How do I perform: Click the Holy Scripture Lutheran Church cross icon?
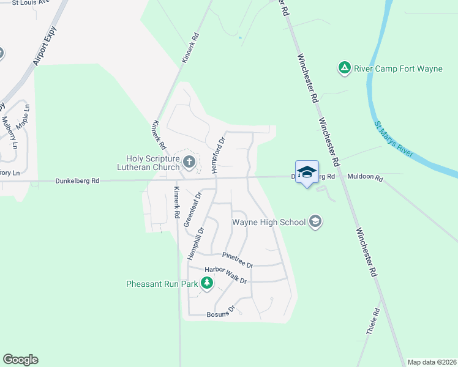click(189, 162)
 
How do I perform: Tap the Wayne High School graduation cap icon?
click(315, 221)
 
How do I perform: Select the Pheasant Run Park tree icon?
click(207, 283)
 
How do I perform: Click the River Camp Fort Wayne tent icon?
click(345, 68)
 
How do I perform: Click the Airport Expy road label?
click(45, 46)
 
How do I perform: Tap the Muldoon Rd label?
click(364, 177)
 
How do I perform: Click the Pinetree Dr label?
click(238, 261)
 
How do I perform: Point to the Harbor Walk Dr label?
click(225, 275)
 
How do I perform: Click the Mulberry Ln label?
click(10, 130)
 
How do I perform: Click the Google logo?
click(20, 360)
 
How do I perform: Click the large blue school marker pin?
click(307, 172)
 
